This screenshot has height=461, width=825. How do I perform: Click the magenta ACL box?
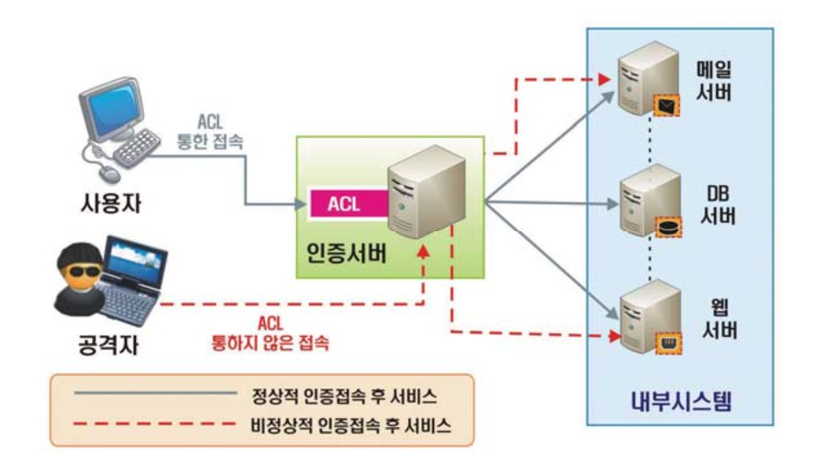[x=346, y=204]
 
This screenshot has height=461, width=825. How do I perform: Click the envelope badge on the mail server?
[x=667, y=108]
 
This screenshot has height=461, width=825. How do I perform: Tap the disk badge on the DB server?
[x=668, y=225]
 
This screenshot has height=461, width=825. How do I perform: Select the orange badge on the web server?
[x=668, y=343]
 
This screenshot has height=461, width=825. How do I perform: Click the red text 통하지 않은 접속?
[x=271, y=341]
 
